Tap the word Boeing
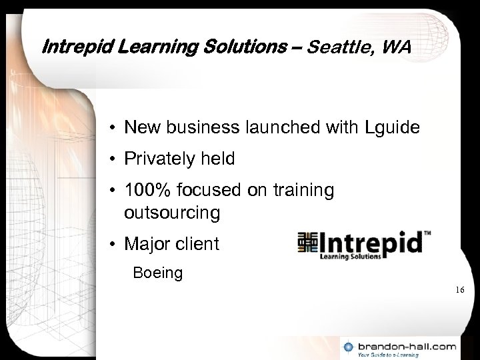tap(158, 273)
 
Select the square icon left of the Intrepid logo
tap(307, 243)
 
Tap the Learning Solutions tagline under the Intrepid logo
tap(351, 256)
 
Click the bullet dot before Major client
tap(116, 245)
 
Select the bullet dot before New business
tap(116, 127)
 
